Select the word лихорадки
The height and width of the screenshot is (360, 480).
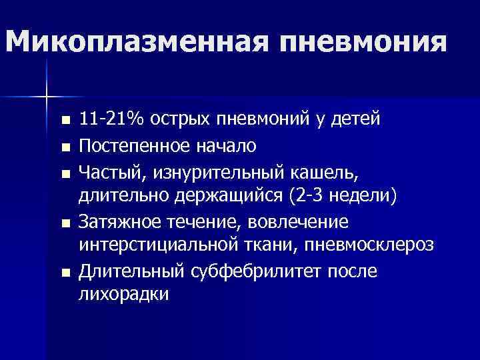tap(123, 294)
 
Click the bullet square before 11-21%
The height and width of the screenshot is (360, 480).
tap(64, 121)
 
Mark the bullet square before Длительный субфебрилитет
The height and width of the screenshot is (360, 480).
tap(64, 273)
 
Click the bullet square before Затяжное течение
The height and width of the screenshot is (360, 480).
tap(64, 223)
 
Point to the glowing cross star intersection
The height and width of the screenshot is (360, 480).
tap(47, 97)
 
